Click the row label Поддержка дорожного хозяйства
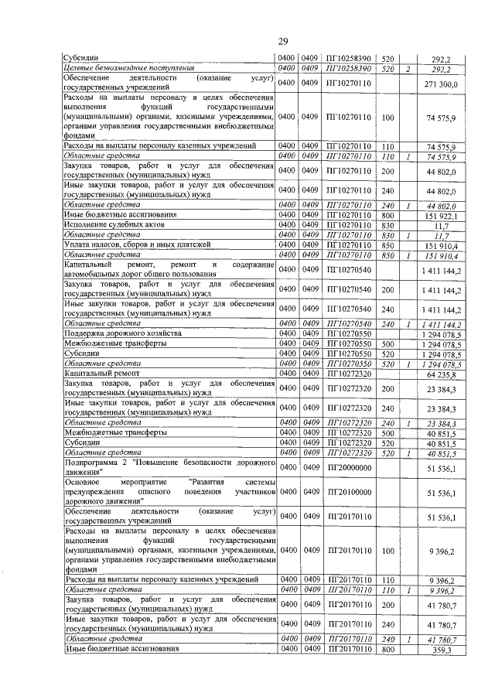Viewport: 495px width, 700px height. (x=116, y=333)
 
